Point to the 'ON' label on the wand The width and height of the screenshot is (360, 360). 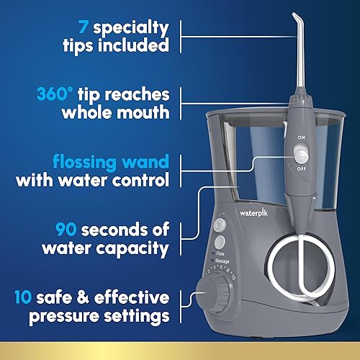click(x=302, y=137)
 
